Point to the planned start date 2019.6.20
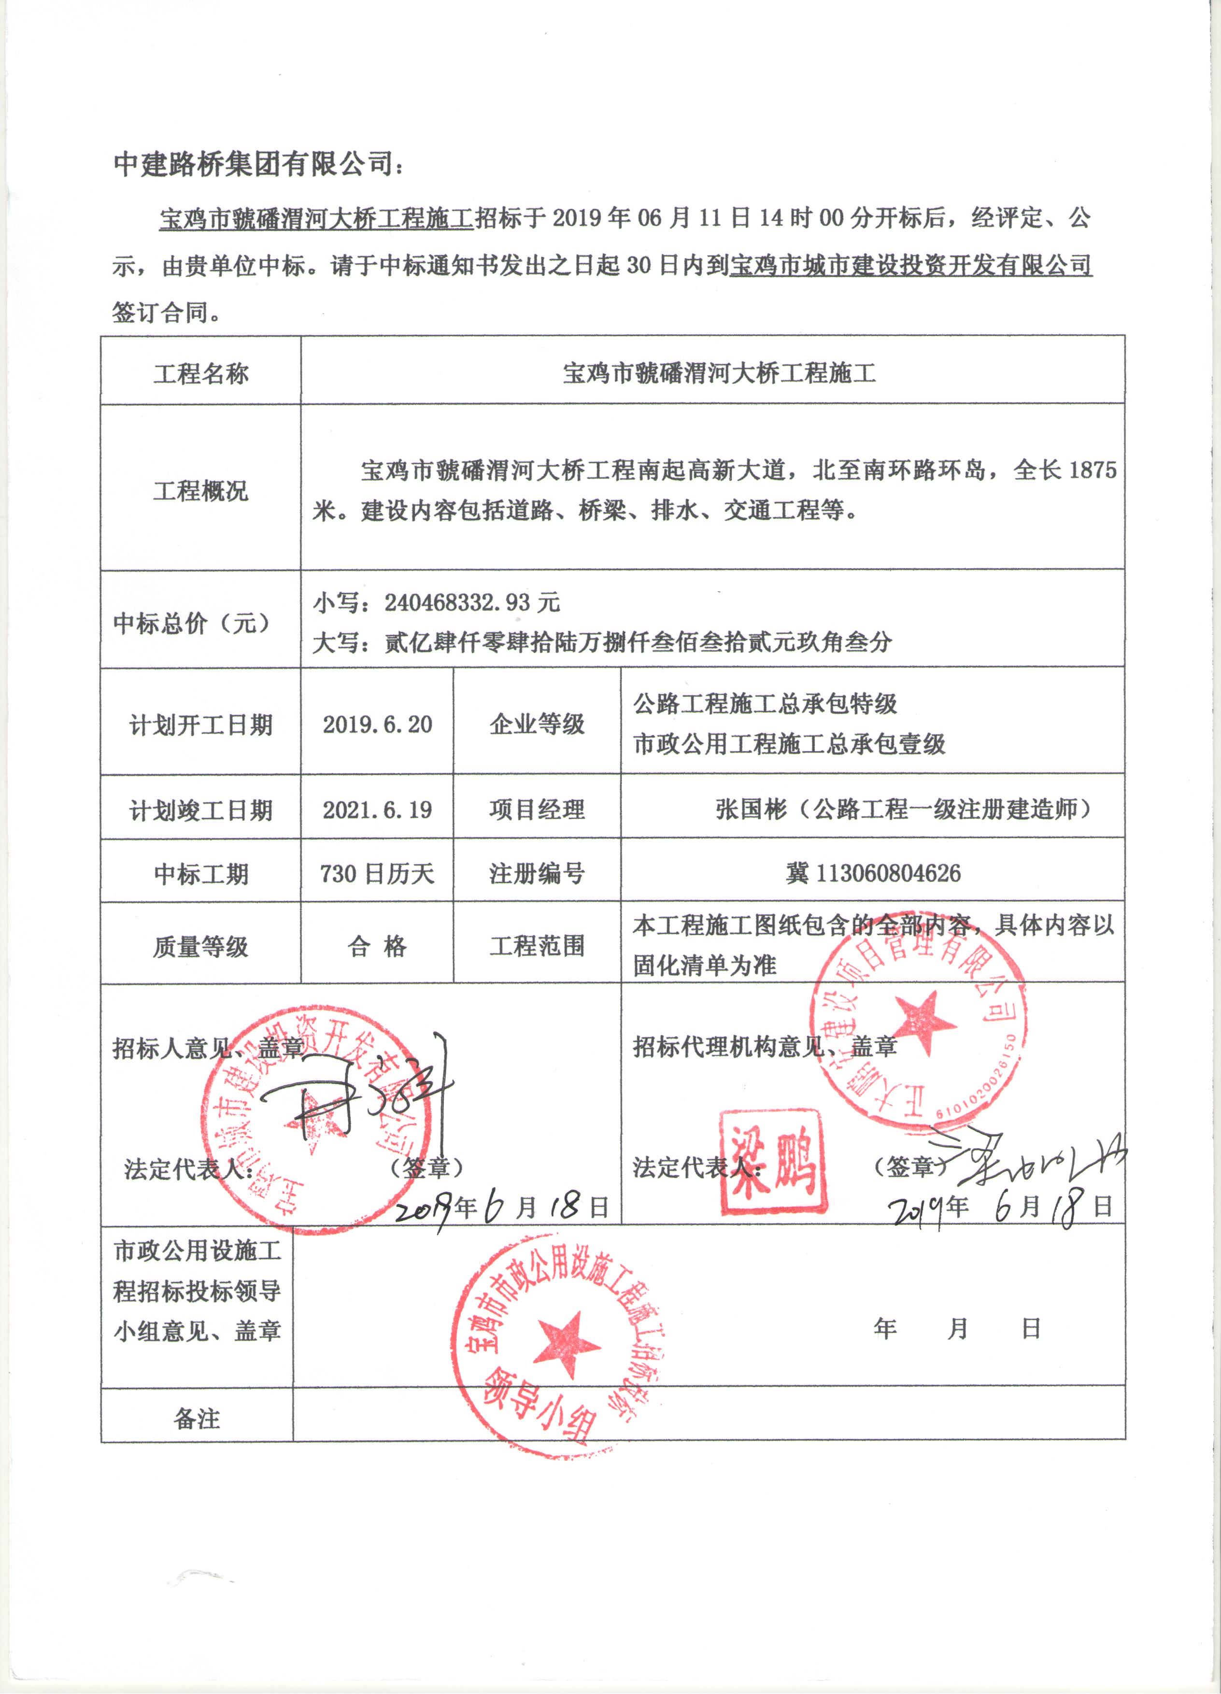(x=377, y=724)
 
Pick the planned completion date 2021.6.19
(x=377, y=810)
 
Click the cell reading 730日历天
(x=377, y=873)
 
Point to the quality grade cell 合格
(x=377, y=946)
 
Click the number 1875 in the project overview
(x=1092, y=470)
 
